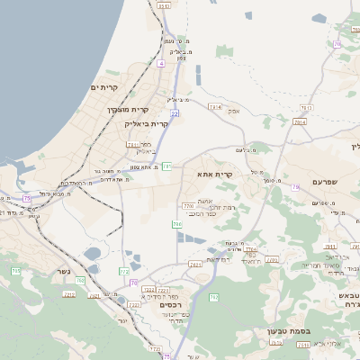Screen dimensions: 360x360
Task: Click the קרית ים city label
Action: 104,86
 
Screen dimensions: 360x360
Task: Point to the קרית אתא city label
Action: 213,175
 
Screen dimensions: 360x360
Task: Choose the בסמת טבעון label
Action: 288,330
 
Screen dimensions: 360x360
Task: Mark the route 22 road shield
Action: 175,113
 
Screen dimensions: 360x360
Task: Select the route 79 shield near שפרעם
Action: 295,187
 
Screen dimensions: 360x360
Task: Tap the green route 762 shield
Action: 213,297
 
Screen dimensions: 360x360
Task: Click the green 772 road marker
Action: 124,270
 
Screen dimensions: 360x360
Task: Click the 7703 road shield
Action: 188,206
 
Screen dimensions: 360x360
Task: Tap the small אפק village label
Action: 234,110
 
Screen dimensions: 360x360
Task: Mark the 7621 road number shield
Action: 195,265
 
